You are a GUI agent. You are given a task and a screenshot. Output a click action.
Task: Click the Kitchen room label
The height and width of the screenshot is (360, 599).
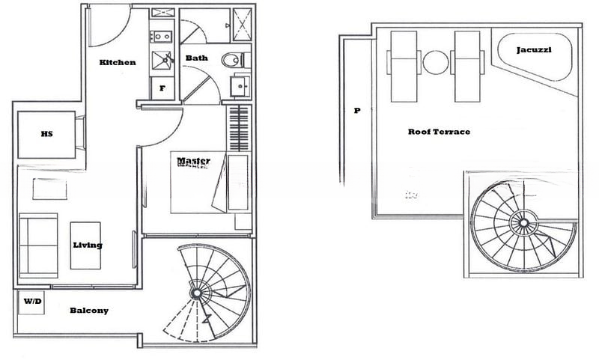tap(118, 62)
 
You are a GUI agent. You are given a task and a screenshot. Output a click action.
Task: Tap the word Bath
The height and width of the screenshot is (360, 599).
tap(197, 58)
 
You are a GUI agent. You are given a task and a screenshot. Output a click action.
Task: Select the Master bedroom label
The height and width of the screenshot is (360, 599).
tap(193, 161)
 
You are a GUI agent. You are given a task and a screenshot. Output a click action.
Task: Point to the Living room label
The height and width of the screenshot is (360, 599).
tap(88, 245)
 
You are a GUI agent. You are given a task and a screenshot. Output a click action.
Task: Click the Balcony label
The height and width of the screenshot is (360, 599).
tap(89, 311)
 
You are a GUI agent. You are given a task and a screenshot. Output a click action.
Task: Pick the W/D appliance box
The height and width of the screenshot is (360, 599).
tap(31, 302)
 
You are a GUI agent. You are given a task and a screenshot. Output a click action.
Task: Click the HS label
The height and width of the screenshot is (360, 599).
tap(46, 134)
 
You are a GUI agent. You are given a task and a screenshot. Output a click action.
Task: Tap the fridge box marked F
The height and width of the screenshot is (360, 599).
tap(162, 88)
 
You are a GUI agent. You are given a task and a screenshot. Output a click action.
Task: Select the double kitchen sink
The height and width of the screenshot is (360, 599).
tap(162, 37)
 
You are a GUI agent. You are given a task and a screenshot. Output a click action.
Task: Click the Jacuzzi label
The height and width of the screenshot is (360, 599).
tap(534, 50)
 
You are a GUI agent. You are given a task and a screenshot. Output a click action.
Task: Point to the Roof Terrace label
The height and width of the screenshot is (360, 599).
tap(439, 132)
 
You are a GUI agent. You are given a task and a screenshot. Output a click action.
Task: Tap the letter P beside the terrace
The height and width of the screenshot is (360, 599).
tap(357, 111)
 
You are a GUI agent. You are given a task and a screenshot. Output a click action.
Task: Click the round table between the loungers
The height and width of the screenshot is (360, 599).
tap(436, 63)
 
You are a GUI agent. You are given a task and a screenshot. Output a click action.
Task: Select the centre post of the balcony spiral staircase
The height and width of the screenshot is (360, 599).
tap(197, 293)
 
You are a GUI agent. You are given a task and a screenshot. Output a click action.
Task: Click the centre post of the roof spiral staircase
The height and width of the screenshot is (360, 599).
tap(523, 222)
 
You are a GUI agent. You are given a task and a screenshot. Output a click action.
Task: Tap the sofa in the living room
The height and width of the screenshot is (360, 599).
tap(38, 245)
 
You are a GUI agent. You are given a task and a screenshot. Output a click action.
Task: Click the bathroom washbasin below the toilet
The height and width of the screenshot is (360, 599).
tap(240, 86)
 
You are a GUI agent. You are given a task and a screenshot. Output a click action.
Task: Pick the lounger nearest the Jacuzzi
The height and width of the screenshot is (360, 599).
tap(467, 67)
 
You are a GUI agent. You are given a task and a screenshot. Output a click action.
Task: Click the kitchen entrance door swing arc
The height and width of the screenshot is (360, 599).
tap(121, 36)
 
